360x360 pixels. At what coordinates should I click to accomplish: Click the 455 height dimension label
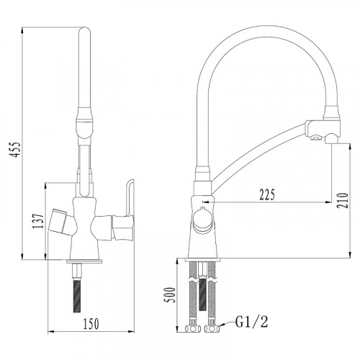click(17, 150)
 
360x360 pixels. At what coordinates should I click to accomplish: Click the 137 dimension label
click(39, 221)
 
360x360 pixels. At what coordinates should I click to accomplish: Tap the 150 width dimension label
click(91, 323)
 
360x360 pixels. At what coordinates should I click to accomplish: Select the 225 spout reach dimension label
click(267, 194)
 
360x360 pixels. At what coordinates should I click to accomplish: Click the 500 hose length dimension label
click(171, 294)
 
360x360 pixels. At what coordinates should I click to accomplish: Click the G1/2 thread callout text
click(251, 322)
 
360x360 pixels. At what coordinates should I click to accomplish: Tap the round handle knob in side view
click(202, 219)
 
